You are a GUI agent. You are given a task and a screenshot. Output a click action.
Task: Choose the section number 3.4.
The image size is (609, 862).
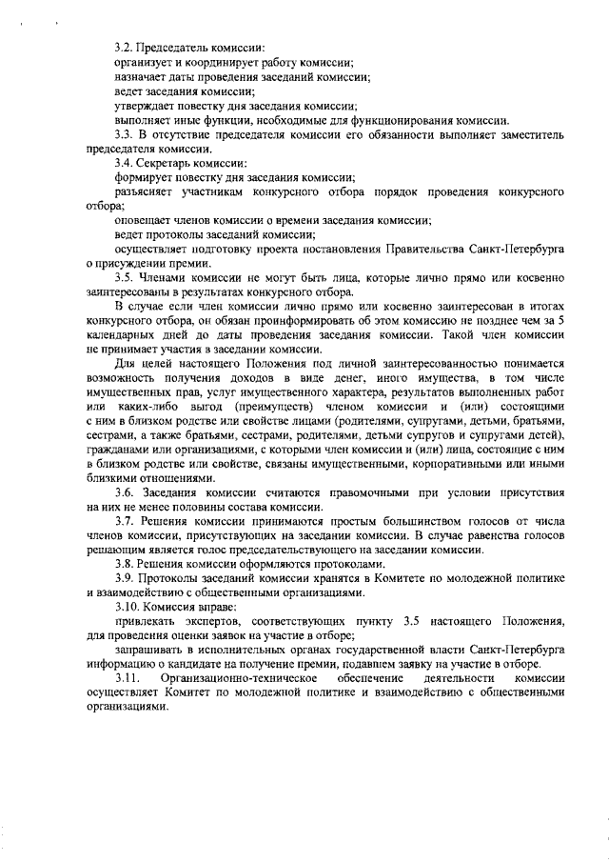click(123, 163)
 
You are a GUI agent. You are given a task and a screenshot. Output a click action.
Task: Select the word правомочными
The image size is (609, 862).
click(345, 492)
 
